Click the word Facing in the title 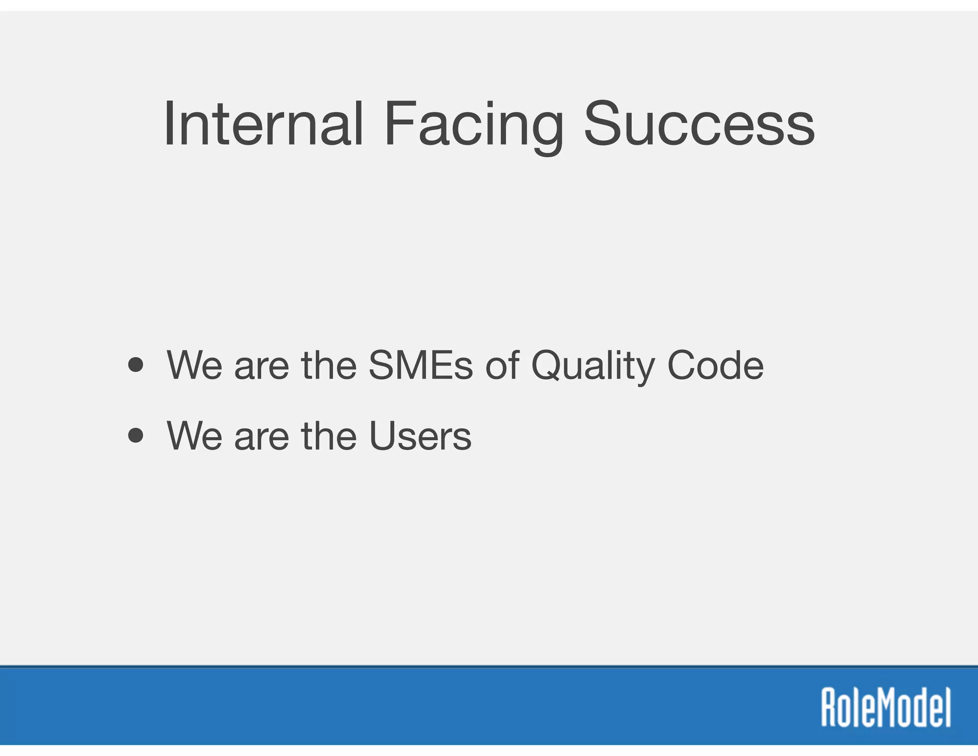(x=473, y=125)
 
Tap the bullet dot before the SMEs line (x=136, y=366)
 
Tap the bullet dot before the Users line (x=136, y=436)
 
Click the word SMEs (x=420, y=366)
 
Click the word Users (x=420, y=436)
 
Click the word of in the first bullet (x=502, y=366)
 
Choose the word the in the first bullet (x=329, y=366)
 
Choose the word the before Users (x=329, y=436)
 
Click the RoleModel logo (x=886, y=708)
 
